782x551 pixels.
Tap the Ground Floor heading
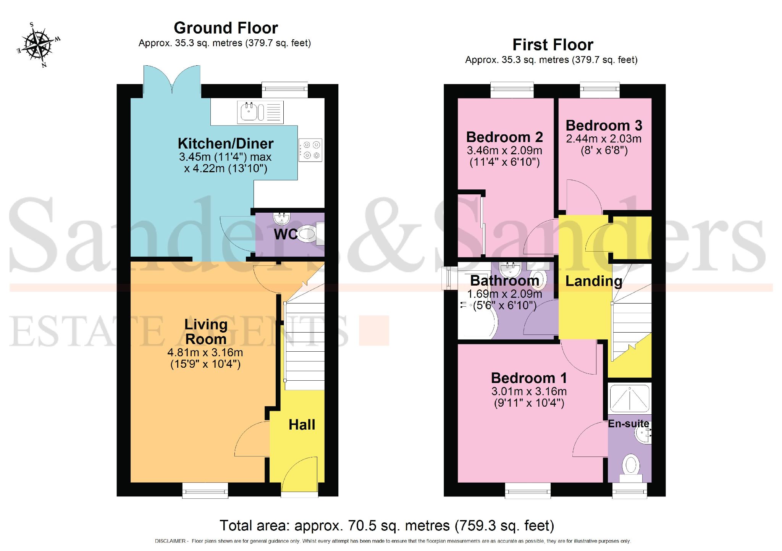[226, 28]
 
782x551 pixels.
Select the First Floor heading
[553, 45]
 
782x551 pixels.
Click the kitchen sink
[260, 112]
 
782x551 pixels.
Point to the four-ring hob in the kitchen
[310, 150]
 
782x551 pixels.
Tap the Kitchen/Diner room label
[226, 144]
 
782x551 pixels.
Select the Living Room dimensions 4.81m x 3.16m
[205, 352]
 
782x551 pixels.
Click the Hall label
[302, 425]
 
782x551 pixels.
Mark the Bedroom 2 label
[504, 137]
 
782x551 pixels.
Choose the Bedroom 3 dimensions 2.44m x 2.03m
[603, 139]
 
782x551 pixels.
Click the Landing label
[593, 281]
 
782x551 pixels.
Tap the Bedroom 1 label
[529, 378]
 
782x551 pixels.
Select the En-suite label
[629, 423]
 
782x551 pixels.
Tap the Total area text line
[387, 526]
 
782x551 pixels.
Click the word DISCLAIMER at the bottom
[170, 541]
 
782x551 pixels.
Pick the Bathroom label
[504, 281]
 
